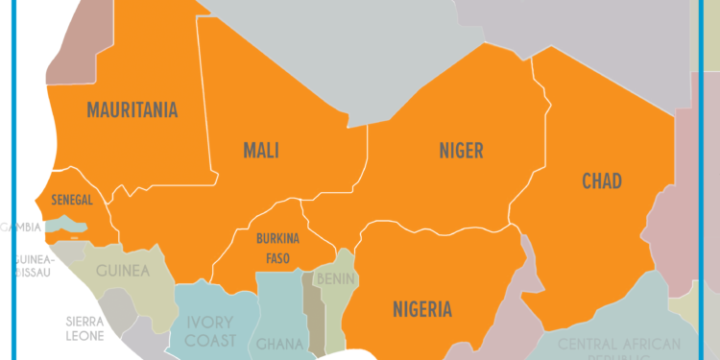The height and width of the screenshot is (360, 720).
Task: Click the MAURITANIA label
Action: (x=132, y=109)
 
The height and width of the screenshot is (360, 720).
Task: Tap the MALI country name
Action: (x=261, y=150)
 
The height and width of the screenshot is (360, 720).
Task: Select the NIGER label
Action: (x=461, y=150)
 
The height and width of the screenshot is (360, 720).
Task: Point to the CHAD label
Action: (x=602, y=180)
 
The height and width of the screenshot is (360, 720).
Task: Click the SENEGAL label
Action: (x=71, y=200)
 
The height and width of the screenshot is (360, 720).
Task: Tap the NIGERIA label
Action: (x=421, y=308)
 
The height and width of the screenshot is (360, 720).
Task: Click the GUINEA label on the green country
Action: (x=123, y=271)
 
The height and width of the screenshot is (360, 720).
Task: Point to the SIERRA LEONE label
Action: (x=84, y=328)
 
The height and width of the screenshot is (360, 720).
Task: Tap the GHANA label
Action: (x=277, y=344)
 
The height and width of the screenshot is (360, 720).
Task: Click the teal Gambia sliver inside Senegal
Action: (x=67, y=224)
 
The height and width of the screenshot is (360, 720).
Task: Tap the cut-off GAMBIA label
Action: (x=19, y=228)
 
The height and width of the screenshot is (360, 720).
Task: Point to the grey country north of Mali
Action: (x=317, y=48)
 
